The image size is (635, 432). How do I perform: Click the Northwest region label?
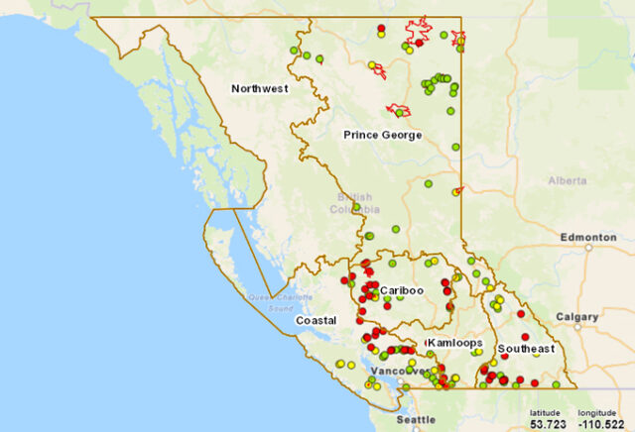tap(259, 89)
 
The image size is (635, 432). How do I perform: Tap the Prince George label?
tap(382, 135)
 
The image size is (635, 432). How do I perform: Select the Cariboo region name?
tap(402, 290)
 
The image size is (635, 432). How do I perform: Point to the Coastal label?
tap(316, 321)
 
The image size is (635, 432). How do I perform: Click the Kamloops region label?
tap(454, 343)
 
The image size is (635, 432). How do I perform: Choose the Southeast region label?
tap(526, 349)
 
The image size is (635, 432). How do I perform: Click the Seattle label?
tap(417, 420)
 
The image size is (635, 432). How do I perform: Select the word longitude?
tap(598, 412)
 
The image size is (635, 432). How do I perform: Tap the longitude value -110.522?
tap(598, 423)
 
